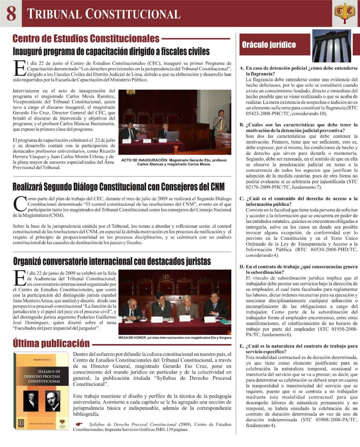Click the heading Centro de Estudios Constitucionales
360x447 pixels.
(x=86, y=39)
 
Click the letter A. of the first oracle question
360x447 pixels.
(x=242, y=68)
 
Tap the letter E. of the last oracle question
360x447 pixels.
(x=242, y=346)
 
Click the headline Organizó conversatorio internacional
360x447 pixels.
(x=112, y=261)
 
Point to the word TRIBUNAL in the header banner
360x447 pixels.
(x=54, y=14)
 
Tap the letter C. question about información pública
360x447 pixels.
(x=242, y=199)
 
